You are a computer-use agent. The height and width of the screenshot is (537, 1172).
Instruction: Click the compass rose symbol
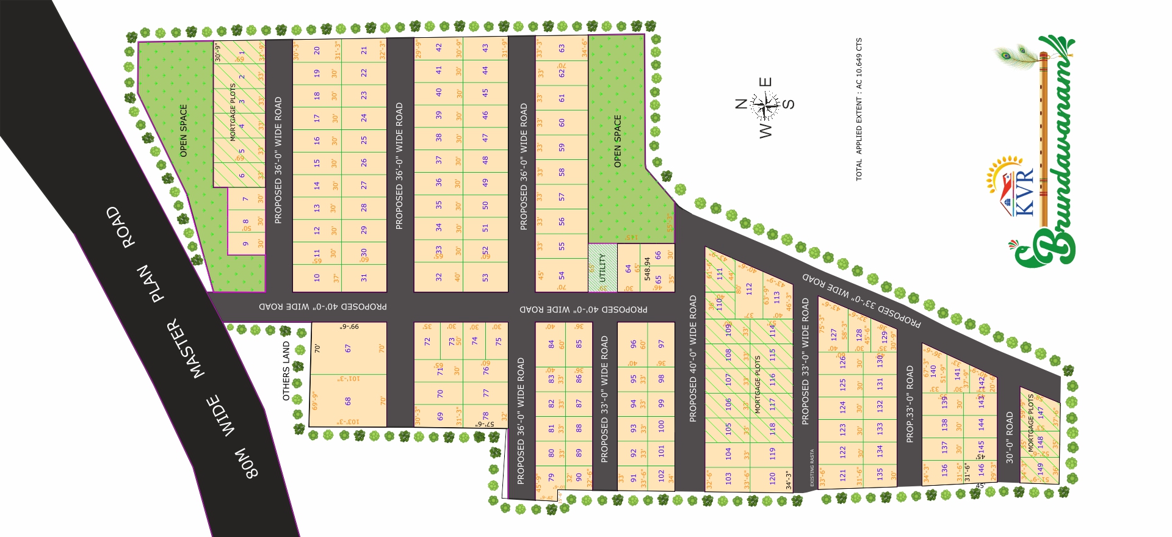pos(765,106)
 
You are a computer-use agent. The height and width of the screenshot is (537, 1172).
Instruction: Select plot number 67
pos(348,348)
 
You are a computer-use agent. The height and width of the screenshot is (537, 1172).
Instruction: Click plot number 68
pos(348,402)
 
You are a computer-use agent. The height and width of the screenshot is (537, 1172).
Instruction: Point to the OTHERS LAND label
pos(286,371)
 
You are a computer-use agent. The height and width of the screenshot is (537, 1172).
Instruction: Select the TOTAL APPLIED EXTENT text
pos(859,109)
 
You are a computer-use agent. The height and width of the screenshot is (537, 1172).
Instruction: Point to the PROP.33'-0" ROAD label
pos(910,404)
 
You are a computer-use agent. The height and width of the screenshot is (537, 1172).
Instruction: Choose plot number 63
pos(562,48)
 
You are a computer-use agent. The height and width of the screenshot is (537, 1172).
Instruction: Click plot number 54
pos(562,276)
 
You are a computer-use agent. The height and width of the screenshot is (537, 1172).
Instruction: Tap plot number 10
pos(317,278)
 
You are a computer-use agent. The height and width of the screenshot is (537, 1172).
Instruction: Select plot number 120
pos(772,478)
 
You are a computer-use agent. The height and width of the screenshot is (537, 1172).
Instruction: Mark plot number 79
pos(551,477)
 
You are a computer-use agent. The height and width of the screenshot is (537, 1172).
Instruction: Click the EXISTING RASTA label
pos(812,468)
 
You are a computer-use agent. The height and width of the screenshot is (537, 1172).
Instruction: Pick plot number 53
pos(485,278)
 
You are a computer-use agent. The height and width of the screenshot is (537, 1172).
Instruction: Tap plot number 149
pos(1040,469)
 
